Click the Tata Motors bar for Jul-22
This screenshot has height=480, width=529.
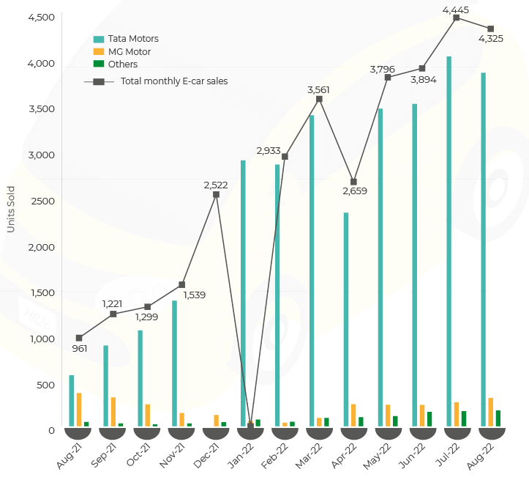449,242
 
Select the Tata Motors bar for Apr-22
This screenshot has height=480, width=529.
346,320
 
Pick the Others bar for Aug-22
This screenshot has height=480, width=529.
498,418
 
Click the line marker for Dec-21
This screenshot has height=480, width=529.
216,194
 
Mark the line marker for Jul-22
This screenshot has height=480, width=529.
456,17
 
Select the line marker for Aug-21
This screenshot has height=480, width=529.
79,338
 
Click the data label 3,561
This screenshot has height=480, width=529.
318,89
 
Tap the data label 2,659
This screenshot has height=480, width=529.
353,191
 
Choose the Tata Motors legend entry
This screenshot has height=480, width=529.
132,38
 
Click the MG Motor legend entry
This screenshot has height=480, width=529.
129,51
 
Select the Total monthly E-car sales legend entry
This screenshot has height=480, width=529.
173,81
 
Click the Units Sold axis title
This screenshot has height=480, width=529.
10,209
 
